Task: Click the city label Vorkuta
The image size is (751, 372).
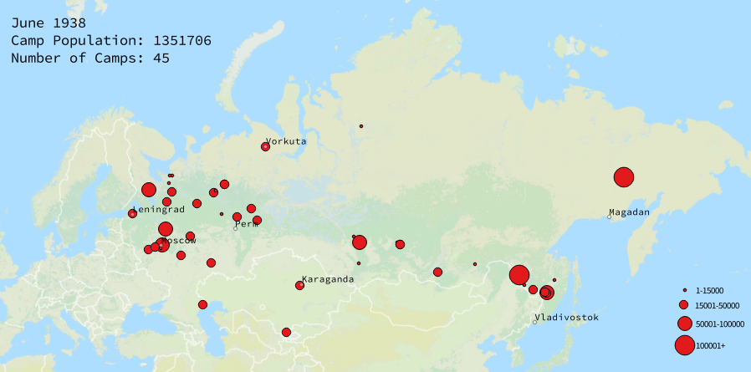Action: click(286, 141)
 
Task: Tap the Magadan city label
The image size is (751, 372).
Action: click(629, 212)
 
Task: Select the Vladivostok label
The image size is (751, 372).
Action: click(566, 318)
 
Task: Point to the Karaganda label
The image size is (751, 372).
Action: click(328, 279)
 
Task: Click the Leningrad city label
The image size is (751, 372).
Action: click(158, 210)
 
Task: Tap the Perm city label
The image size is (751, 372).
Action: click(247, 224)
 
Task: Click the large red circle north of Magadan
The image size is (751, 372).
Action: click(623, 177)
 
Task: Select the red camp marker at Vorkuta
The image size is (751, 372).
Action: click(265, 146)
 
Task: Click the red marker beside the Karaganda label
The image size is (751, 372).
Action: click(299, 286)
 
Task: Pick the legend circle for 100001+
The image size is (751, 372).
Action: click(683, 344)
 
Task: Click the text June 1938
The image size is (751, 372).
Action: click(48, 23)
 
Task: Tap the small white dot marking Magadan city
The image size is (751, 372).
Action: click(609, 217)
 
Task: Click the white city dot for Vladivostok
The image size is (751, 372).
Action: click(534, 322)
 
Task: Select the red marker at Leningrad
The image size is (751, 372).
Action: click(132, 214)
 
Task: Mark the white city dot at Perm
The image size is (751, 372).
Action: click(236, 228)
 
